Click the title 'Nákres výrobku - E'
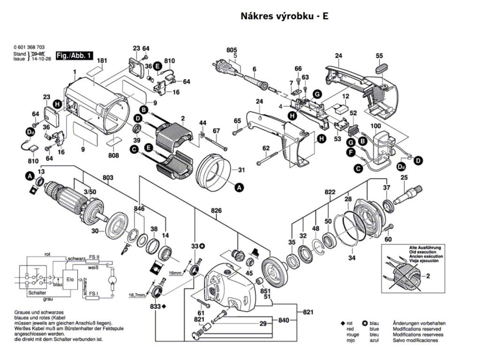pyautogui.click(x=285, y=16)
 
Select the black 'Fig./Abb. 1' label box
pyautogui.click(x=74, y=56)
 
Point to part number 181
pyautogui.click(x=103, y=60)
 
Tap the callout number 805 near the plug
pyautogui.click(x=232, y=50)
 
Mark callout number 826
pyautogui.click(x=216, y=210)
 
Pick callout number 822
pyautogui.click(x=330, y=193)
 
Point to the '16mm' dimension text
pyautogui.click(x=175, y=272)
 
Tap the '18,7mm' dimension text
pyautogui.click(x=137, y=295)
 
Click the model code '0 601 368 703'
pyautogui.click(x=30, y=48)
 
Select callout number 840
pyautogui.click(x=283, y=321)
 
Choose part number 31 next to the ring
pyautogui.click(x=241, y=169)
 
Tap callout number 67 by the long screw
pyautogui.click(x=216, y=130)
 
